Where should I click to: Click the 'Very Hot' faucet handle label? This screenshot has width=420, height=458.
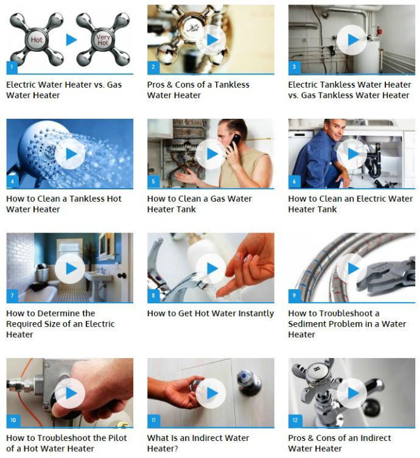click(103, 40)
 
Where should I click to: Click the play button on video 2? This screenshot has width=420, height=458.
click(211, 40)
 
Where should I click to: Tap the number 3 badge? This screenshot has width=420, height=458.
click(294, 67)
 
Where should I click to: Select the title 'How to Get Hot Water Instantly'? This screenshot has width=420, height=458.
click(211, 314)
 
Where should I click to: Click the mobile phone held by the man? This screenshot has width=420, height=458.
click(234, 142)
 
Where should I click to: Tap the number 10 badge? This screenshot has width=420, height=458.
click(13, 420)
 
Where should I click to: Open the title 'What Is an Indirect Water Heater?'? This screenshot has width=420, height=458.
click(198, 443)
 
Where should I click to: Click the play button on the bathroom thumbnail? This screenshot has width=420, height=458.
click(70, 269)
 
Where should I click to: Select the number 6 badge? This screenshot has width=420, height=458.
click(294, 181)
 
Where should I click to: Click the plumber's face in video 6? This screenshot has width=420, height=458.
click(335, 131)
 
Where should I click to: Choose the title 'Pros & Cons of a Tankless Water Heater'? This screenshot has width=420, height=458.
click(198, 90)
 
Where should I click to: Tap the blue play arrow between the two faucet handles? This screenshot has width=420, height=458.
click(71, 40)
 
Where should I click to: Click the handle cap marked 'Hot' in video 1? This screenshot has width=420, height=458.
click(37, 40)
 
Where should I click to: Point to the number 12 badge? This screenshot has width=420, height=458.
click(295, 420)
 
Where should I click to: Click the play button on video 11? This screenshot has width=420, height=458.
click(211, 393)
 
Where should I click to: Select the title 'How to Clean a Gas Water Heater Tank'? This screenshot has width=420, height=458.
click(199, 204)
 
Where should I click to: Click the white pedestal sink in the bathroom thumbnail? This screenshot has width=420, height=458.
click(98, 280)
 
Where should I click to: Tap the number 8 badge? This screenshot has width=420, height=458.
click(153, 295)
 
